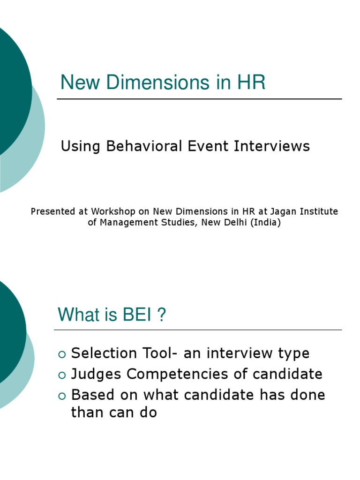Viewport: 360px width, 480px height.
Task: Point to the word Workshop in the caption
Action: click(111, 212)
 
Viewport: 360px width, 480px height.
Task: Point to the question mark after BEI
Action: click(161, 315)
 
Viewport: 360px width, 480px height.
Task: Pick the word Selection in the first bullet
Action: click(97, 353)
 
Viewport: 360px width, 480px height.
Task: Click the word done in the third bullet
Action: click(309, 395)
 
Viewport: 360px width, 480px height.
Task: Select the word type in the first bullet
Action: click(293, 354)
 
